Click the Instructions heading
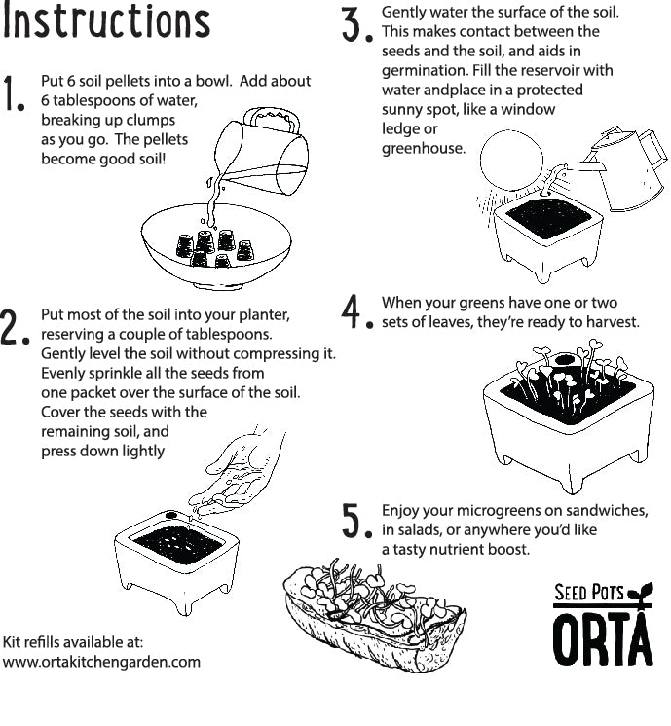[106, 22]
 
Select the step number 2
[14, 329]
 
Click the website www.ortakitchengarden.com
[101, 662]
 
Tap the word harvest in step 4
[609, 321]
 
